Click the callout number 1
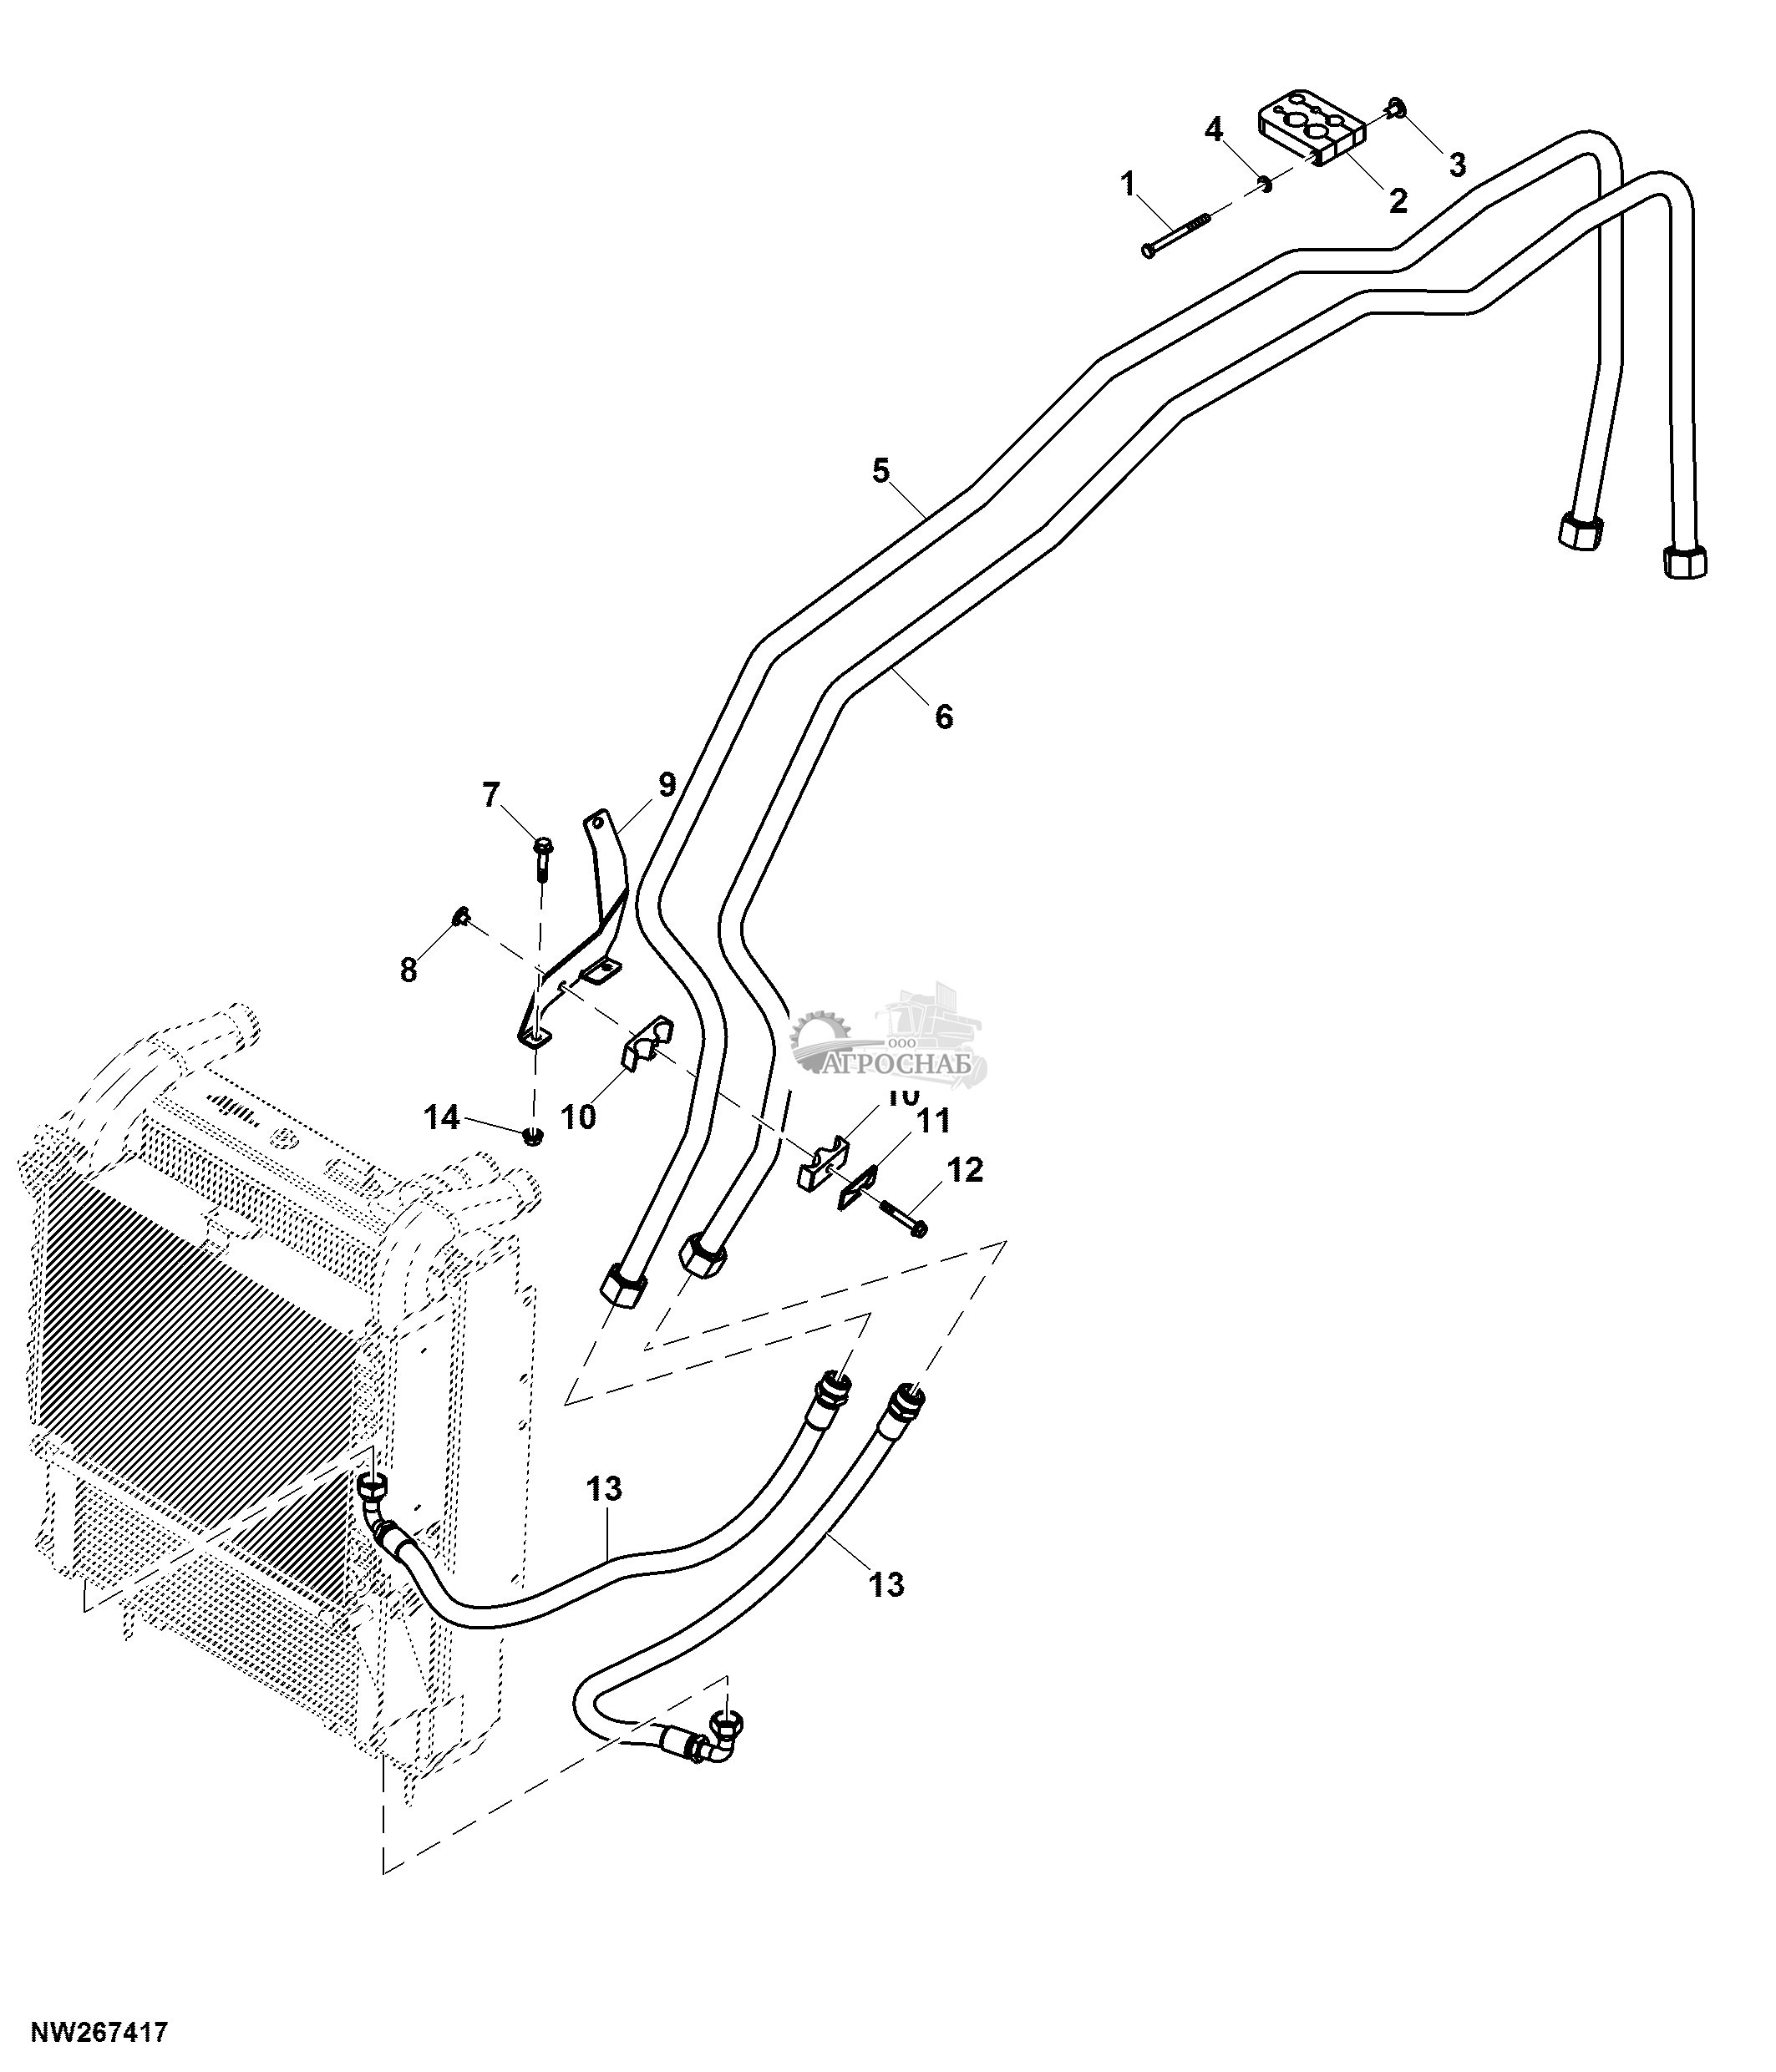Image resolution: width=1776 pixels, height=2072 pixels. click(1128, 183)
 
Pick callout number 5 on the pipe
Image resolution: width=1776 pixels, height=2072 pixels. click(880, 470)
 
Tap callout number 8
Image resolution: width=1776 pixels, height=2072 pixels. click(408, 969)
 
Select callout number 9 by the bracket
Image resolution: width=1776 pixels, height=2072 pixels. click(667, 785)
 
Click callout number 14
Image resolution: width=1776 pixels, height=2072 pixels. click(442, 1117)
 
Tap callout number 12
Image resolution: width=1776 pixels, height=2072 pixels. click(964, 1169)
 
